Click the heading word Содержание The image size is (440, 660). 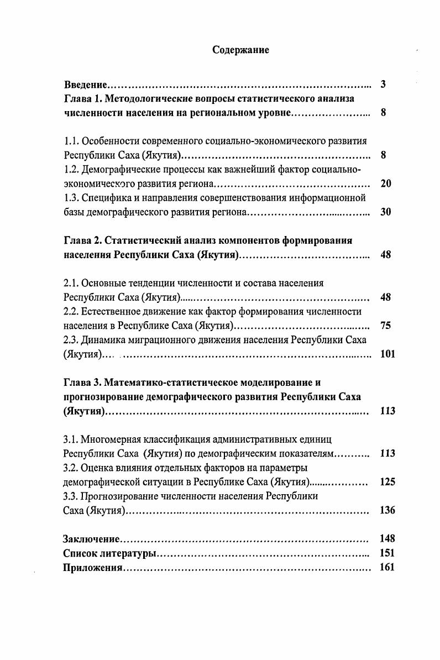(240, 50)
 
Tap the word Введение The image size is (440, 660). (86, 85)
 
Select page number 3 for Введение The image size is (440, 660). (383, 85)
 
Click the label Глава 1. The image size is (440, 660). (81, 99)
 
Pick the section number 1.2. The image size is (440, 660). (71, 169)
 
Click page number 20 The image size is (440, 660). (386, 183)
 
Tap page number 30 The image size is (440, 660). (386, 212)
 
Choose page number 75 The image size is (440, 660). (386, 325)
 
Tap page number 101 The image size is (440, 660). (388, 354)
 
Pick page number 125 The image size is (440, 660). (388, 481)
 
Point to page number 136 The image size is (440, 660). (388, 510)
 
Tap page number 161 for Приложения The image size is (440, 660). (388, 567)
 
